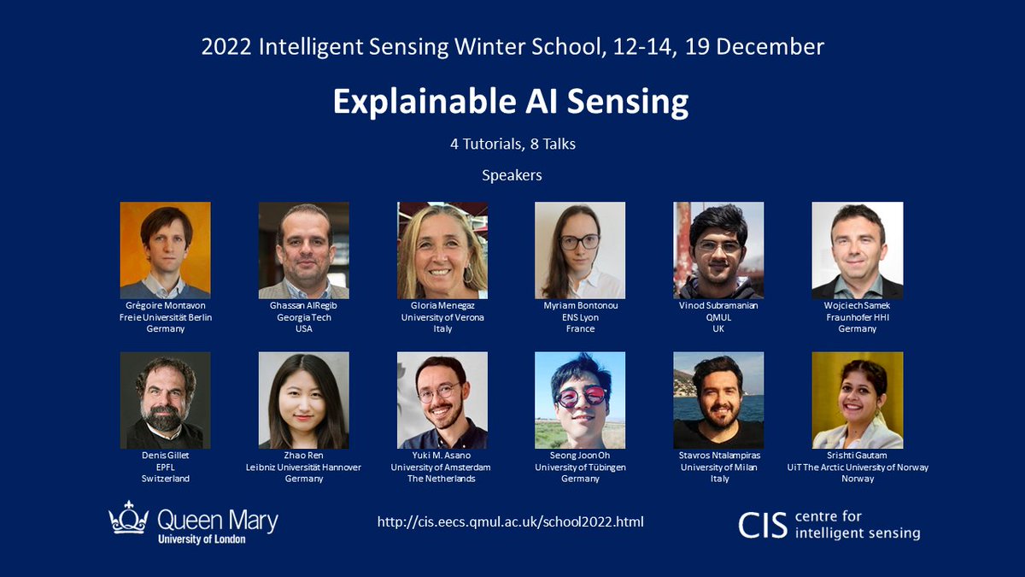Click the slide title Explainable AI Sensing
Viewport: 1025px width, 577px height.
[510, 102]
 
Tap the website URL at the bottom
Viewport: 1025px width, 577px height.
[510, 521]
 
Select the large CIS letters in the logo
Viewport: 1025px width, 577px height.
[763, 524]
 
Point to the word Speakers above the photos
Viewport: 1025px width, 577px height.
[512, 175]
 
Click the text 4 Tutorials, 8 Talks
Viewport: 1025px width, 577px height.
[512, 144]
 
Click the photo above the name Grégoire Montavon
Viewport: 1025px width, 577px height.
[165, 250]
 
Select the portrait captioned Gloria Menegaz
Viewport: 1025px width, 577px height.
[442, 250]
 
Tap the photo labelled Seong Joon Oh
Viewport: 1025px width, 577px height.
[580, 400]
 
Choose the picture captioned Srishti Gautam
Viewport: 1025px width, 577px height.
[857, 400]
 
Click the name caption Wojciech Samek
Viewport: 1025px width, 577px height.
[857, 306]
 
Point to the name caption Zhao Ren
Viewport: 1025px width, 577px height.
[303, 456]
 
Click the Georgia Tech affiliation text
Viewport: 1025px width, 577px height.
[303, 317]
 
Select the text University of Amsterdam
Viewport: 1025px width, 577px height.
[442, 467]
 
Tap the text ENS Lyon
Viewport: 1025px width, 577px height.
[580, 317]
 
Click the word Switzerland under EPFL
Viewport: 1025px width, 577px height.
[165, 479]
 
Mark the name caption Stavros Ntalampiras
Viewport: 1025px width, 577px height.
[718, 456]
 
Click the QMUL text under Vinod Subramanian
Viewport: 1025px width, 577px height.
[718, 317]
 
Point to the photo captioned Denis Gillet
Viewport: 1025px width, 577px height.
[165, 400]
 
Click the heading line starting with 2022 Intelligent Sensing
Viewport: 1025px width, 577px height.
[512, 46]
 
